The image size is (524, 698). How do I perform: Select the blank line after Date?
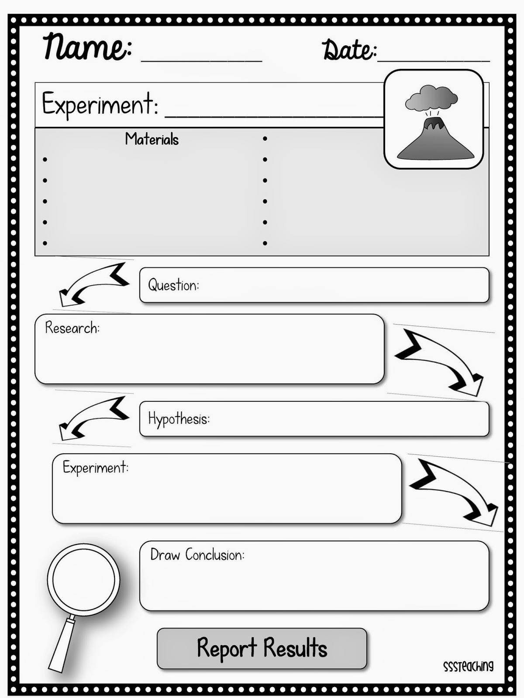click(x=433, y=60)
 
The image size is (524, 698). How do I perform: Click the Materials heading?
click(x=152, y=140)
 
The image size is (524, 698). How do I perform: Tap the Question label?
click(x=173, y=285)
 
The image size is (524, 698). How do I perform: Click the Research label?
click(x=72, y=328)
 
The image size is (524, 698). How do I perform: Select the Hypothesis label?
click(x=179, y=419)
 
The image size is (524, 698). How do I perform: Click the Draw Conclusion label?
click(x=197, y=555)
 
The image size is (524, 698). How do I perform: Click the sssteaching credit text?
click(x=468, y=666)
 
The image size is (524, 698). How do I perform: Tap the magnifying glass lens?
click(x=83, y=580)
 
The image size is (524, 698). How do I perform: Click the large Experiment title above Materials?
click(x=100, y=105)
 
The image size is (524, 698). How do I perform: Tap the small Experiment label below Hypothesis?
click(x=95, y=468)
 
